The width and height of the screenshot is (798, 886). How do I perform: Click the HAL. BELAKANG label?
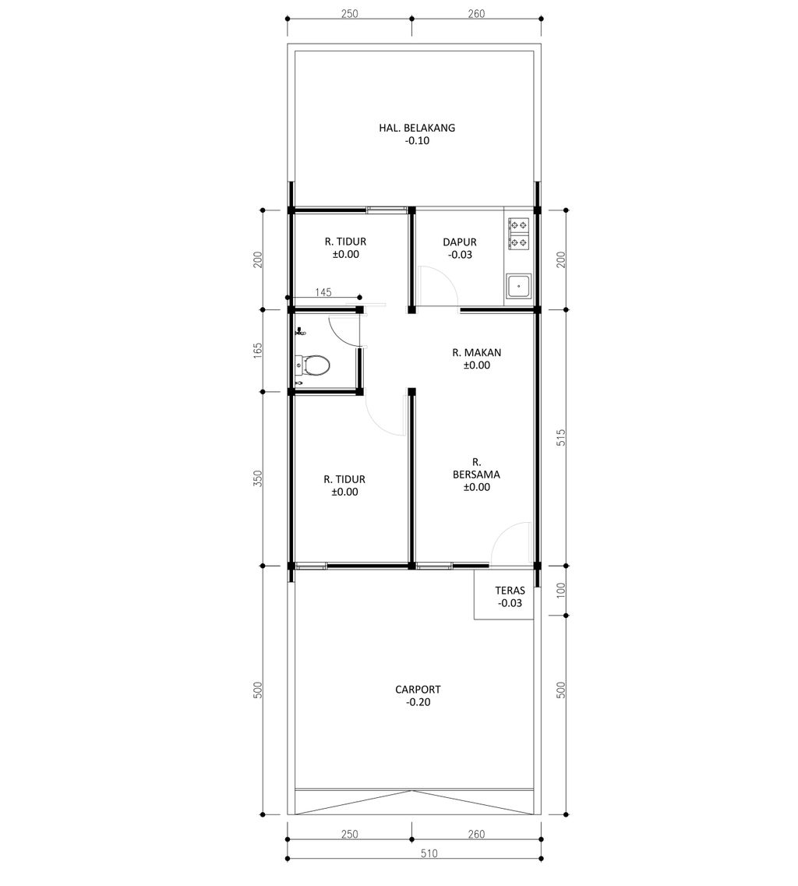click(x=417, y=128)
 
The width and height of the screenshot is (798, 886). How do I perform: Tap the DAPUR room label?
click(x=460, y=242)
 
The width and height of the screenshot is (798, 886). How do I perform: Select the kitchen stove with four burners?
click(x=519, y=235)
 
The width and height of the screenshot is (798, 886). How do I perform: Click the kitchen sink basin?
click(x=518, y=287)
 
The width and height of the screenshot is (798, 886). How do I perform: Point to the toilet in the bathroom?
click(x=312, y=366)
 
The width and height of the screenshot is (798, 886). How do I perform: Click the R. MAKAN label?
click(x=476, y=352)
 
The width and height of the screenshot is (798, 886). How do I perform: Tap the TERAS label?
click(x=510, y=591)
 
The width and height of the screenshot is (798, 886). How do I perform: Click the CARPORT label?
click(x=418, y=690)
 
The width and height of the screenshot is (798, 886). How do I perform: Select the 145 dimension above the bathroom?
click(x=323, y=292)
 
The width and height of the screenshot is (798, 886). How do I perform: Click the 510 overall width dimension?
click(x=429, y=853)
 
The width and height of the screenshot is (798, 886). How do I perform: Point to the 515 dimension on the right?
click(x=560, y=437)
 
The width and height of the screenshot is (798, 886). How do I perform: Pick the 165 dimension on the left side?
click(x=258, y=351)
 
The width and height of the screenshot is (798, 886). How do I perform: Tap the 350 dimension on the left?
click(x=258, y=478)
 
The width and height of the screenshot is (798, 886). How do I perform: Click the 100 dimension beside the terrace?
click(x=560, y=591)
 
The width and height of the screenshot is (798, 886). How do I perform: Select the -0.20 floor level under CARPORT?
click(x=418, y=702)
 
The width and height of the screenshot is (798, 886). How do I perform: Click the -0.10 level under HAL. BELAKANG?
click(x=417, y=141)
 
